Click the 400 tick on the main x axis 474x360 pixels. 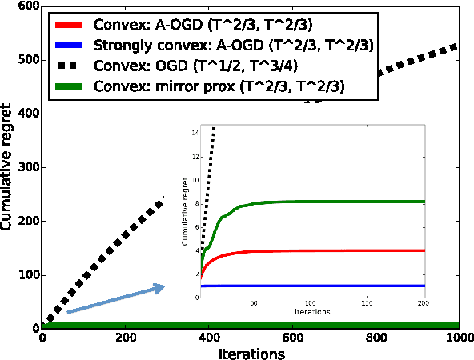pos(209,338)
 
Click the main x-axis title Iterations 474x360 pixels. pos(251,352)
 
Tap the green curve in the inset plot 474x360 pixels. pos(320,202)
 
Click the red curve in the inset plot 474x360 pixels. pos(320,250)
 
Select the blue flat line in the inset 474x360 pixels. pos(320,286)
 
